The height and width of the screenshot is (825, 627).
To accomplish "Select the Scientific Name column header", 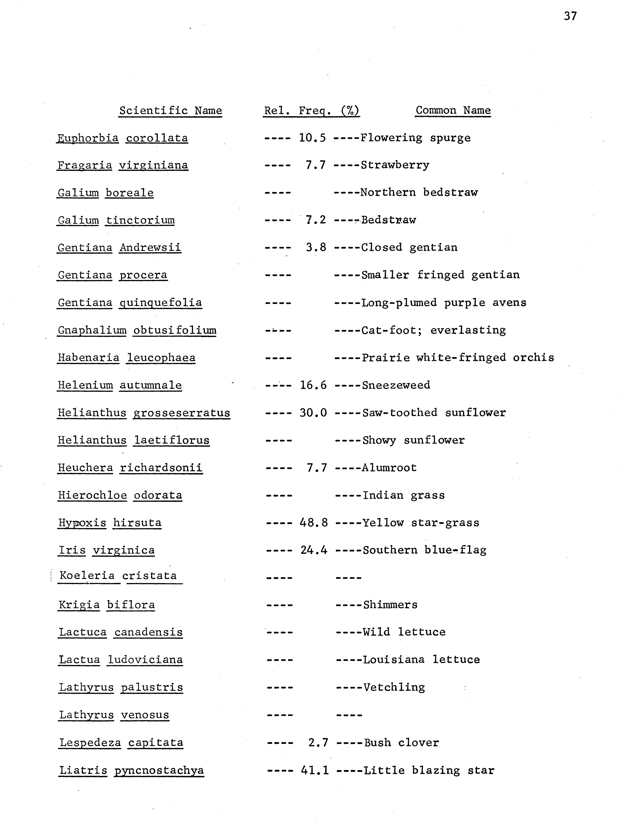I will pos(171,110).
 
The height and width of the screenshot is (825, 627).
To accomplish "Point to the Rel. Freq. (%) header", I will pos(311,110).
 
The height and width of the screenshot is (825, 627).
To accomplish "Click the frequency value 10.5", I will pos(312,138).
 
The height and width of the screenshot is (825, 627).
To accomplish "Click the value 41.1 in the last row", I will pos(315,770).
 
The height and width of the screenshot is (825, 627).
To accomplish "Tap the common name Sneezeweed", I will pos(396,385).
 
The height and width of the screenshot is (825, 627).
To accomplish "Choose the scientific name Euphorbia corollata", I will pos(122,138).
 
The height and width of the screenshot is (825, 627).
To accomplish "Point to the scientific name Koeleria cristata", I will pos(118,575).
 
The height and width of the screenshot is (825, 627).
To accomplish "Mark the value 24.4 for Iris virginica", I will pos(314,550).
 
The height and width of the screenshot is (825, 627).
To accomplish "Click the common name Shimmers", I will pos(390,604).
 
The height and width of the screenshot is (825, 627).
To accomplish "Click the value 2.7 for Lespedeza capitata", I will pos(318,743).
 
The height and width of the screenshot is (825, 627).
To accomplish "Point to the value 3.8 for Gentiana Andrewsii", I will pos(316,247).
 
